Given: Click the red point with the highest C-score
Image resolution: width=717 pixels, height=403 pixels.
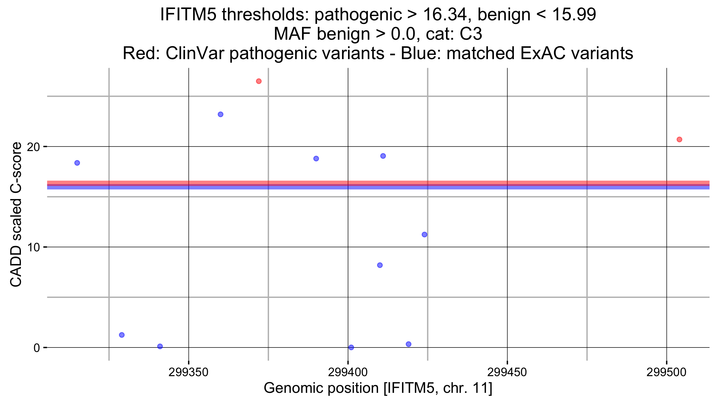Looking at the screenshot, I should pyautogui.click(x=259, y=81).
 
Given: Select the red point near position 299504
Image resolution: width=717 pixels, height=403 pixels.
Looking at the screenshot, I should pyautogui.click(x=679, y=139).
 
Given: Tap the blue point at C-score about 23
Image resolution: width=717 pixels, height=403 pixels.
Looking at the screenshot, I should pyautogui.click(x=220, y=114).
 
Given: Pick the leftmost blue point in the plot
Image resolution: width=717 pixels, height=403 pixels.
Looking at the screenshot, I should pyautogui.click(x=77, y=163).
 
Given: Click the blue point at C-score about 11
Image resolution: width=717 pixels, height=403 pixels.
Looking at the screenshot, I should pyautogui.click(x=424, y=235).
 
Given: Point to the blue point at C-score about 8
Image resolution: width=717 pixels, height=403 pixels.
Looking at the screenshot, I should pyautogui.click(x=380, y=265).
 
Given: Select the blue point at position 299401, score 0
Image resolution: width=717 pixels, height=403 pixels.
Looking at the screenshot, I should pyautogui.click(x=351, y=347).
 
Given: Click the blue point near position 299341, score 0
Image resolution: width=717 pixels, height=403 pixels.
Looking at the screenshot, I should pyautogui.click(x=160, y=346).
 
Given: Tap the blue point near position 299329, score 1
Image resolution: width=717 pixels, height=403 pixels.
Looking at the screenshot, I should pyautogui.click(x=122, y=335).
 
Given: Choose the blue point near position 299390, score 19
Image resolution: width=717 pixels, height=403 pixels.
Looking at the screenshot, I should pyautogui.click(x=316, y=159).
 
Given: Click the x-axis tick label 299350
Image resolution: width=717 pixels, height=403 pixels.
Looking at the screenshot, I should pyautogui.click(x=189, y=372).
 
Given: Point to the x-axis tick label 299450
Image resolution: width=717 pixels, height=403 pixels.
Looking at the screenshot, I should pyautogui.click(x=507, y=372).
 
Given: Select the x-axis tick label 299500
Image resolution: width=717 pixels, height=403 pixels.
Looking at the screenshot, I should pyautogui.click(x=667, y=372).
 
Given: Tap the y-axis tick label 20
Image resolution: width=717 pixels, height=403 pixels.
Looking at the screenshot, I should pyautogui.click(x=33, y=147).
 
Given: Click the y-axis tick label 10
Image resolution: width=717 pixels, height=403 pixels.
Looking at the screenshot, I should pyautogui.click(x=33, y=247).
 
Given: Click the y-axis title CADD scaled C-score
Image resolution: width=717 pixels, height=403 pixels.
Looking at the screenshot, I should pyautogui.click(x=16, y=214).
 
